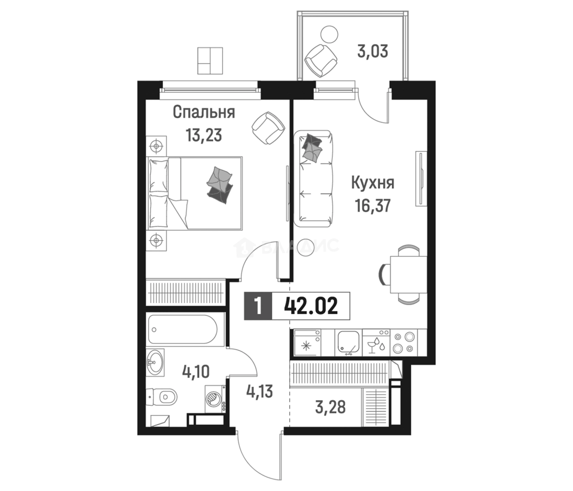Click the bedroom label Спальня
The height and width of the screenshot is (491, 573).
[204, 112]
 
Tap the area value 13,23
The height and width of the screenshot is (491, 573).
[204, 136]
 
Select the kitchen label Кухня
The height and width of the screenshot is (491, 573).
[373, 184]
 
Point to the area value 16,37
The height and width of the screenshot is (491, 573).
[373, 206]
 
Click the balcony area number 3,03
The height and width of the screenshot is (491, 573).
[372, 52]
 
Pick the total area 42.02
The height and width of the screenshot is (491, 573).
[311, 306]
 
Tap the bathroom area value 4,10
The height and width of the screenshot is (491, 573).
[196, 372]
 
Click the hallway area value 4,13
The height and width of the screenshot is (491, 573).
[260, 391]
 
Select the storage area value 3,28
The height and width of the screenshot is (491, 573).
[330, 407]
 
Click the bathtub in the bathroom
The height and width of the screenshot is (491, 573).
[182, 330]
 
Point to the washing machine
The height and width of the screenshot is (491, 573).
[215, 400]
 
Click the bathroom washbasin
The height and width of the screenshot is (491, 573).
[155, 362]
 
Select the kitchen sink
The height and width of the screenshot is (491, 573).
[349, 343]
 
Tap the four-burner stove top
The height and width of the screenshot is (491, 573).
[404, 343]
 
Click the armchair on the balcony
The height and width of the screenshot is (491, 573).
[321, 61]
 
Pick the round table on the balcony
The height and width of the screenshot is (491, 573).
[329, 34]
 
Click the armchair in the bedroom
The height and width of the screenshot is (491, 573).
[268, 128]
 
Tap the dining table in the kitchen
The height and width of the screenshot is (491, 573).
[409, 275]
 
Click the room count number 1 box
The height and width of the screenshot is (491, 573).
[258, 306]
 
